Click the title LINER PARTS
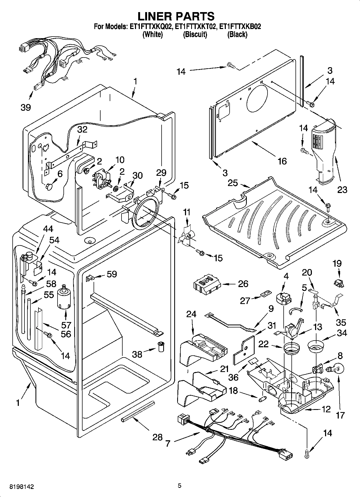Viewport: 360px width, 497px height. (176, 16)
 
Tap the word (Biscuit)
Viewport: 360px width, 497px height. (195, 35)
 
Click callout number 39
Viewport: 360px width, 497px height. (26, 107)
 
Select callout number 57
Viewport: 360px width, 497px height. (66, 325)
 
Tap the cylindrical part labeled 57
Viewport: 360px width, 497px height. (64, 299)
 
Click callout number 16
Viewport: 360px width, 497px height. (282, 161)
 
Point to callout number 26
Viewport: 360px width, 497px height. (243, 284)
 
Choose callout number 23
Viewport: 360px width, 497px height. (342, 190)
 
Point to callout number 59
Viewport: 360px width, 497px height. (112, 274)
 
